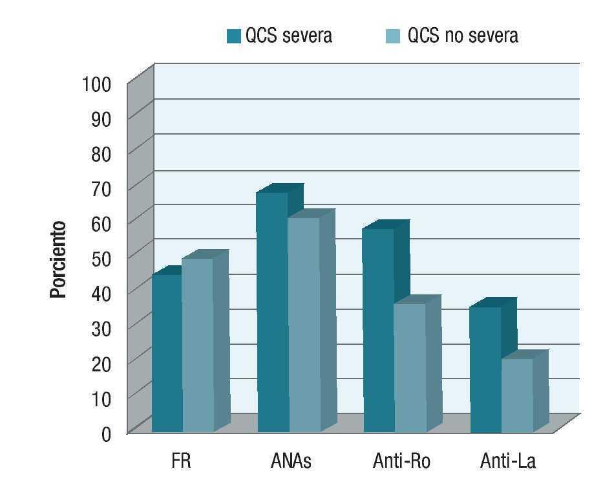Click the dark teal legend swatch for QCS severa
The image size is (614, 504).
point(233,36)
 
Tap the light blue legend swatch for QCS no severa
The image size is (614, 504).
point(393,36)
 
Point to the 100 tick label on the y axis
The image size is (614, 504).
point(97,83)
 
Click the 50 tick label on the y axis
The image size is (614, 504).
point(101,257)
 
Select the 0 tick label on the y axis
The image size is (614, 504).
point(106,432)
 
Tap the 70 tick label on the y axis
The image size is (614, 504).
point(101,188)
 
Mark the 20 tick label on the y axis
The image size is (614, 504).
point(101,362)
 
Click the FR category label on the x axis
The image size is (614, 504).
point(182,461)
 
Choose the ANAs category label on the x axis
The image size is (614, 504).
point(290,461)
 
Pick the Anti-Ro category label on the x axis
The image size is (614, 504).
point(401,461)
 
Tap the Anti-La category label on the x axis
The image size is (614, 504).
point(508,461)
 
